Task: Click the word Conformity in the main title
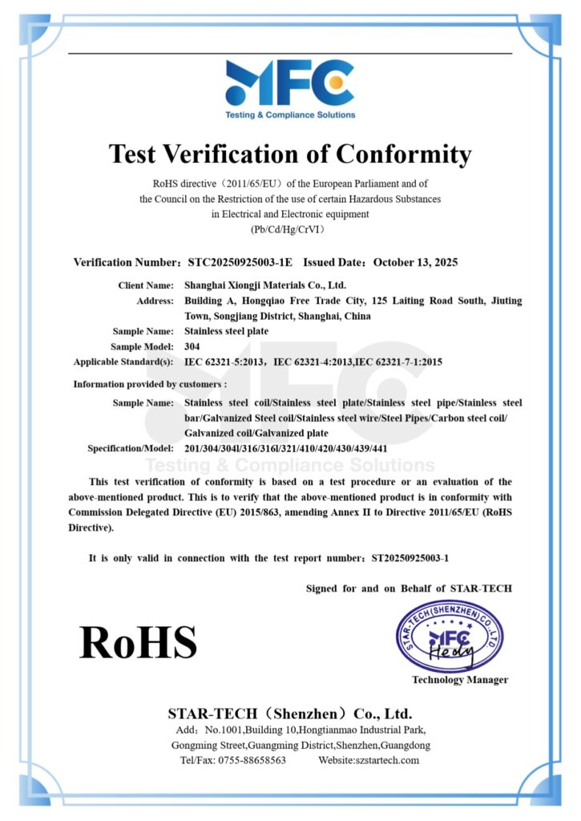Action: (403, 153)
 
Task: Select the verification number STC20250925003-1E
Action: (240, 262)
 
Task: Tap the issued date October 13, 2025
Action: (414, 262)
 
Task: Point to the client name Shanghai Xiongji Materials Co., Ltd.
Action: (266, 285)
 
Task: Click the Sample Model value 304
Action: (192, 346)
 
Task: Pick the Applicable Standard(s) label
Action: (123, 362)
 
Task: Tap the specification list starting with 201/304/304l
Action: (286, 448)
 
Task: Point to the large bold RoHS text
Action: (138, 642)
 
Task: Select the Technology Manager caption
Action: (460, 680)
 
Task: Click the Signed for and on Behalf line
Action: (409, 588)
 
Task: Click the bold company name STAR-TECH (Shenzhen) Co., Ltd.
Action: (289, 713)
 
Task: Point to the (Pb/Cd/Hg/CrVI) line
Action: (289, 229)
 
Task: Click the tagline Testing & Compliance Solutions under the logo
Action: (289, 115)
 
